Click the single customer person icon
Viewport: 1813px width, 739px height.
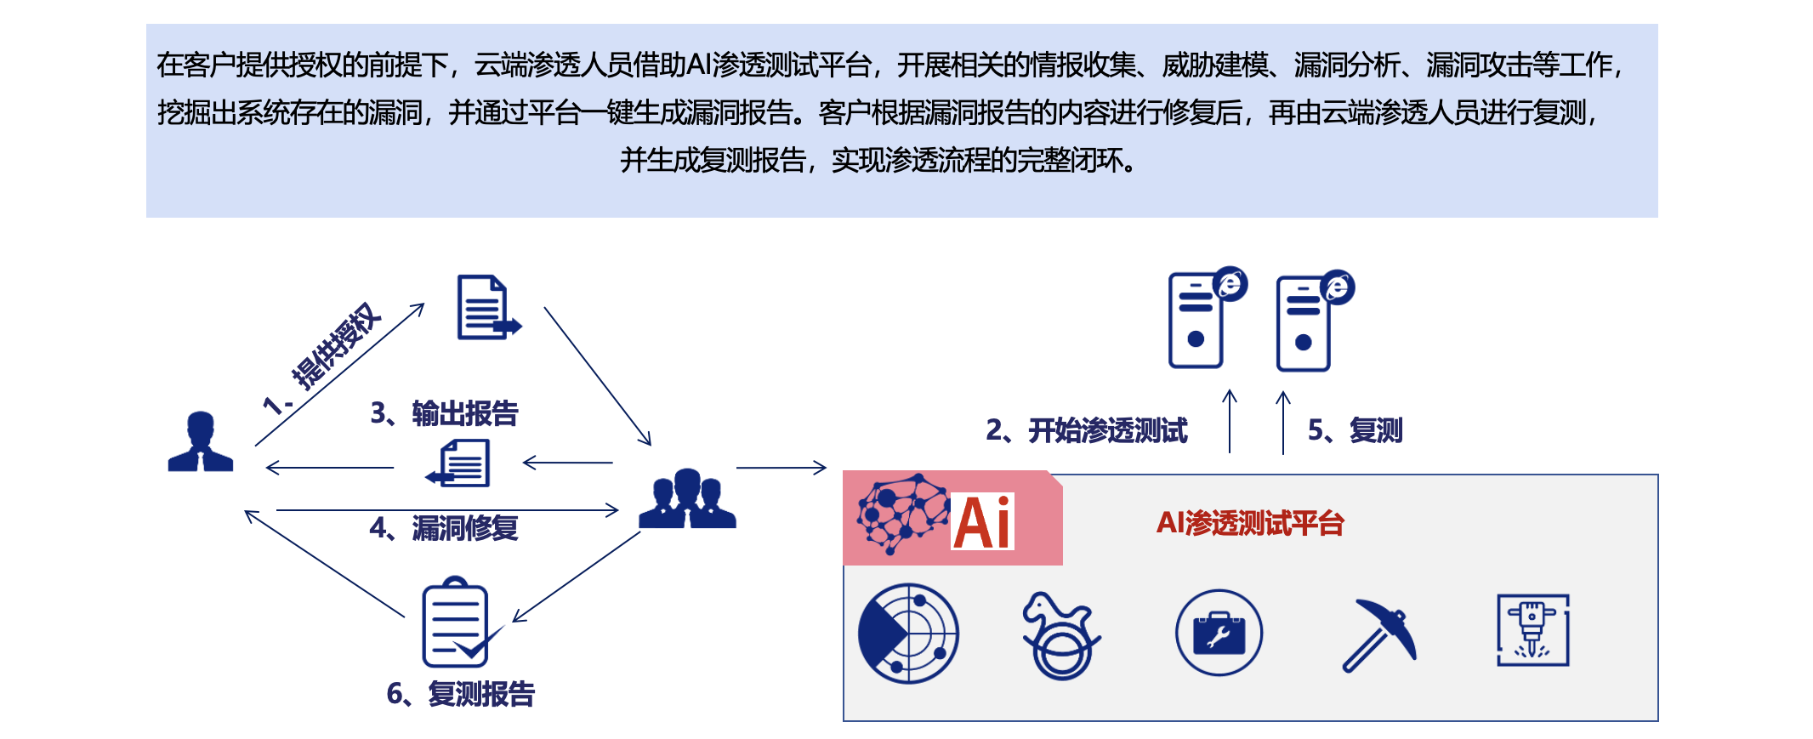[200, 441]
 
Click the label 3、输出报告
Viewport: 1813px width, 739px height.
[444, 413]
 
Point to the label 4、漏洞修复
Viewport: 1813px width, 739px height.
[443, 528]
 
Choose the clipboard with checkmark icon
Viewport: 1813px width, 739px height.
[459, 623]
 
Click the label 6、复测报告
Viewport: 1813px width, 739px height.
[460, 694]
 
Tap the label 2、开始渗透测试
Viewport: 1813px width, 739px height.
[1086, 430]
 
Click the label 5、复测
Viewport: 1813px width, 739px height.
[1355, 430]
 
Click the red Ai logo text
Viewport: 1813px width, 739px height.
[982, 522]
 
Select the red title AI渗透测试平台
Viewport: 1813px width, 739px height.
[1249, 523]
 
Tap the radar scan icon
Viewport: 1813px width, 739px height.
[908, 633]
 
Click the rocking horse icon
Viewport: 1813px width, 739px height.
[1060, 634]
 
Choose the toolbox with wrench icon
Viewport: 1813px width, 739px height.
[1219, 633]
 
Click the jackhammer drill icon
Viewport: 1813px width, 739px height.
[1532, 630]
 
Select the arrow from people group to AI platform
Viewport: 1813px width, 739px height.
[781, 468]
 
